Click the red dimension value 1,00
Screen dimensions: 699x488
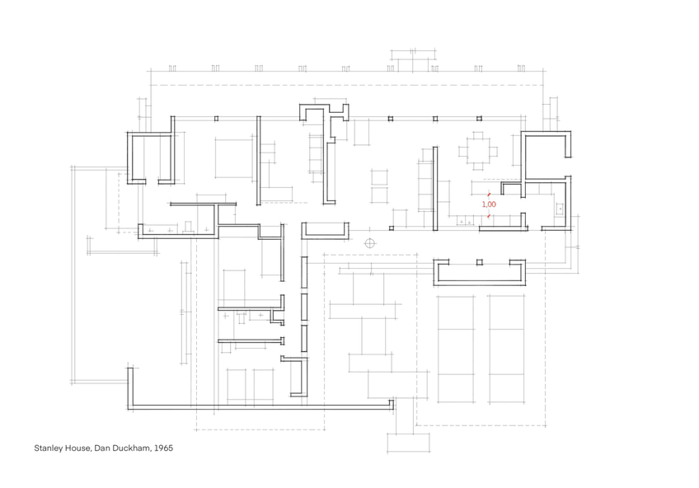point(489,204)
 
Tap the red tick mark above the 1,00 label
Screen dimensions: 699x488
point(489,195)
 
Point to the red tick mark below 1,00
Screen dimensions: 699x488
point(489,216)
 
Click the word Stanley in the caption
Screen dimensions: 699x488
point(49,448)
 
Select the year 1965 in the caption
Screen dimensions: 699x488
point(163,448)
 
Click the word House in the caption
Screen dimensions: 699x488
point(78,448)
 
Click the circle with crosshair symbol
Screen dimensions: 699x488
point(369,243)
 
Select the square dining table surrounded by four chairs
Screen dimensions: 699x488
point(478,152)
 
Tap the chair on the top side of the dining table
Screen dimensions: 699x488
point(478,136)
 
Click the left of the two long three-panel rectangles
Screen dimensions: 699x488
point(456,349)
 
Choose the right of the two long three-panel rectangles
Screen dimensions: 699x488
point(506,349)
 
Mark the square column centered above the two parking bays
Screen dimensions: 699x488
point(479,262)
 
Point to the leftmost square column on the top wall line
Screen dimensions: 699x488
point(216,119)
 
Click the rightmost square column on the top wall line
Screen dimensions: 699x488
point(479,119)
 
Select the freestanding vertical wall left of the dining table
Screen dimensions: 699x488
point(435,189)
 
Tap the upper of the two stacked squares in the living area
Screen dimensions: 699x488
point(379,177)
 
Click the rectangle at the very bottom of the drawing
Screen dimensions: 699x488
point(408,443)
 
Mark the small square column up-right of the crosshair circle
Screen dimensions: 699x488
point(392,228)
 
